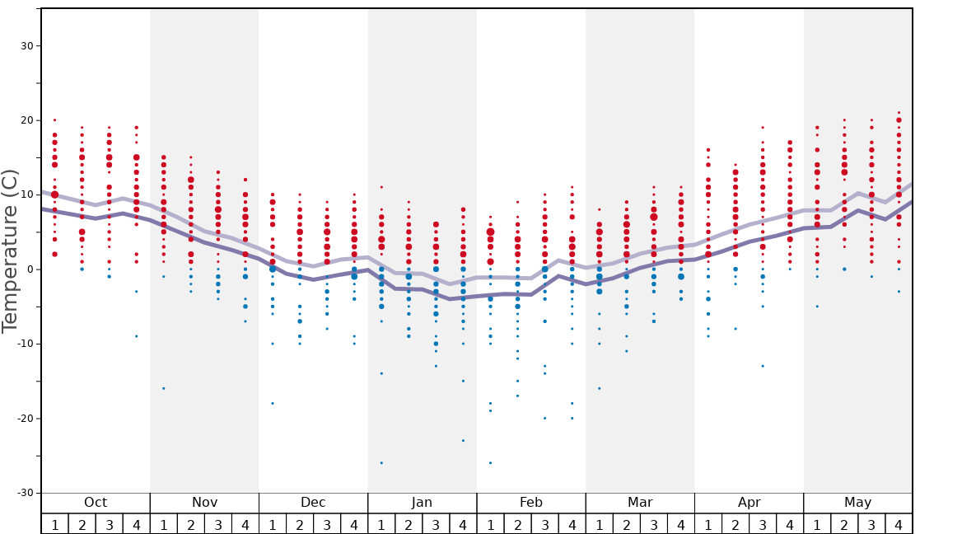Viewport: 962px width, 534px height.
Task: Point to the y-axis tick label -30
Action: (25, 493)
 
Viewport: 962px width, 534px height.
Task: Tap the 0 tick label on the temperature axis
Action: (30, 269)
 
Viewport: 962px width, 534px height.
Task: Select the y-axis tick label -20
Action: (25, 419)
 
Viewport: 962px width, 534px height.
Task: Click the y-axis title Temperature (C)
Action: (10, 251)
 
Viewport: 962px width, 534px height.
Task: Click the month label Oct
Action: (96, 503)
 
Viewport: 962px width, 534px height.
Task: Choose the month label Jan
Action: (422, 503)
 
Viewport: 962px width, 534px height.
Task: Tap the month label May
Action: (857, 503)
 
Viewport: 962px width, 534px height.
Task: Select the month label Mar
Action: (640, 503)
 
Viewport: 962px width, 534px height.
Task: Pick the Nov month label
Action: (204, 503)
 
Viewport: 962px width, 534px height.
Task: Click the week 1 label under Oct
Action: (54, 524)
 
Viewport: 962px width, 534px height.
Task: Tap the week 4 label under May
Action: (899, 524)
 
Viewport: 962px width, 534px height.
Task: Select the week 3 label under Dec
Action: (327, 524)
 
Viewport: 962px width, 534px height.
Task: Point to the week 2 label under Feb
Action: (517, 524)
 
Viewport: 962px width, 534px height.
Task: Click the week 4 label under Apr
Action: (790, 524)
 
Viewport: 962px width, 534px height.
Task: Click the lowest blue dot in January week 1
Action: (381, 463)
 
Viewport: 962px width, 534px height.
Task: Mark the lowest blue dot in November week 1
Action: (164, 388)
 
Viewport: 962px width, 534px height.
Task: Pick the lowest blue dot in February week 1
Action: (490, 463)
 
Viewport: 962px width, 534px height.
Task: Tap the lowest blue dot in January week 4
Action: (463, 441)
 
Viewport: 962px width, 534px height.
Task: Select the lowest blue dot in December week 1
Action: (273, 403)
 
